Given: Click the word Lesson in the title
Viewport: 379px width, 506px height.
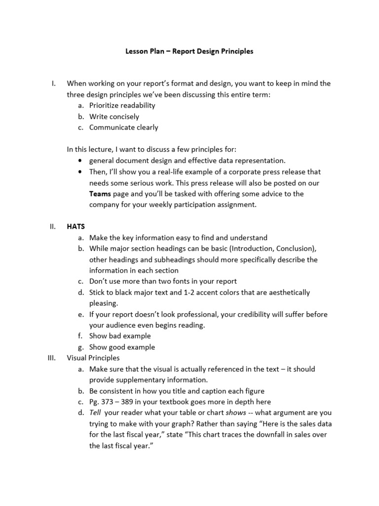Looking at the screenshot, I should point(136,51).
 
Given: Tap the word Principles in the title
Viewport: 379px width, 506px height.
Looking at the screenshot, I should point(235,51).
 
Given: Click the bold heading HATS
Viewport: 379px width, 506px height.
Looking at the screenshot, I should point(76,226).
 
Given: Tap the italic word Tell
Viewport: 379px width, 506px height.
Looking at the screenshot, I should point(95,413).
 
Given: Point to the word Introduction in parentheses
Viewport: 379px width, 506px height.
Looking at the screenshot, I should point(249,249).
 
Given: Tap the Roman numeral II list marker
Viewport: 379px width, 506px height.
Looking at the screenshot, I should point(52,226).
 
